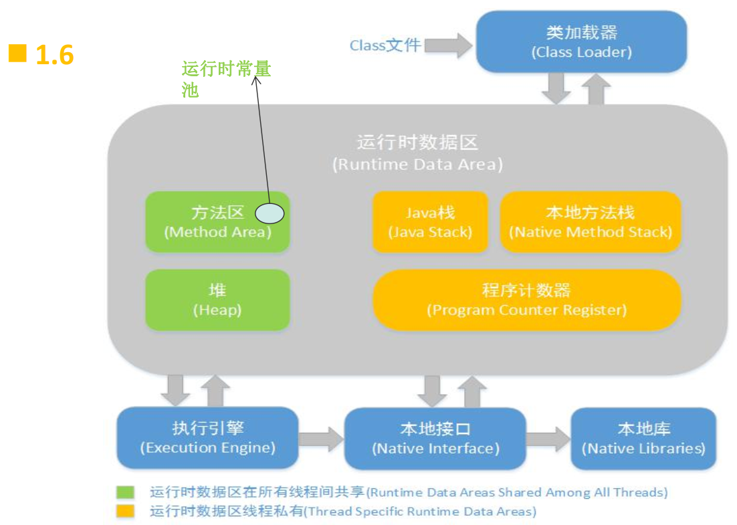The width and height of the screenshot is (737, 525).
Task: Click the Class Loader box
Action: (581, 41)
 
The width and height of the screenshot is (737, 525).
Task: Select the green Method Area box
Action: (217, 221)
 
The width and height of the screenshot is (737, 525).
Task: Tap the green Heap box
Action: (217, 300)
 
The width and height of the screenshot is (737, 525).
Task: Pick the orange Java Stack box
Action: (430, 221)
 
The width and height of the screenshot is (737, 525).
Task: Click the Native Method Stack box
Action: (591, 221)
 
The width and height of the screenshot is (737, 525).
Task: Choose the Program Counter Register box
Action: (526, 300)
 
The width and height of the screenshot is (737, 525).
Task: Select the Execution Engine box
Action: (207, 437)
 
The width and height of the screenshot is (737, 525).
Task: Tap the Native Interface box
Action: (435, 438)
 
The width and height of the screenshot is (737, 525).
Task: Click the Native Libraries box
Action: (643, 438)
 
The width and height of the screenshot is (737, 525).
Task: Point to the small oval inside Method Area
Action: (270, 213)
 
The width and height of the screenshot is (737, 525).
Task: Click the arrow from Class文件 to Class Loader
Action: (448, 45)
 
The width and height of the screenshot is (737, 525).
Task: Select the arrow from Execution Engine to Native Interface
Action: (321, 439)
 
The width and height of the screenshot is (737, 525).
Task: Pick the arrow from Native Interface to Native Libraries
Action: (548, 439)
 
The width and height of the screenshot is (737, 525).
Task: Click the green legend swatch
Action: (126, 492)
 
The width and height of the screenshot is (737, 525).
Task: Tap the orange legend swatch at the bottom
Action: (126, 511)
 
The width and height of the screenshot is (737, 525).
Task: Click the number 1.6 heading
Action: (55, 55)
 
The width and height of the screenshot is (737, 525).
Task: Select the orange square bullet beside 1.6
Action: (18, 53)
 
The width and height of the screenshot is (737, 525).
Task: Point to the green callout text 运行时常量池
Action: (226, 79)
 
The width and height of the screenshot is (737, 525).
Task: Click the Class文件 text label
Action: (385, 45)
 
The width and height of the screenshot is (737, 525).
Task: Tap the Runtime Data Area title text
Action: (417, 153)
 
